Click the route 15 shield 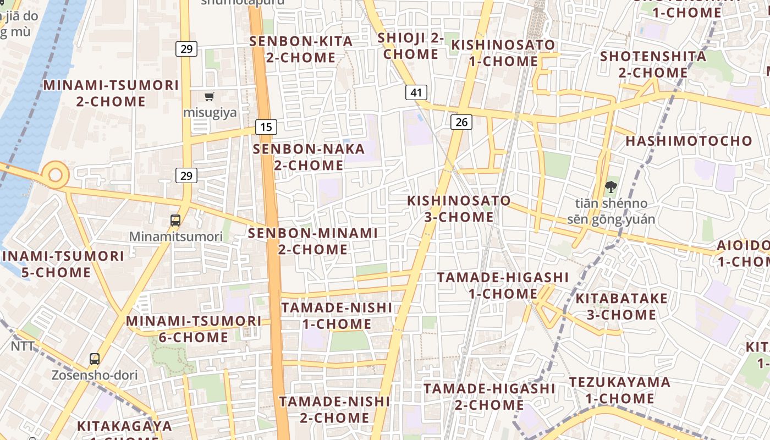click(266, 127)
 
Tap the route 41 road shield click(416, 92)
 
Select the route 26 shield click(461, 122)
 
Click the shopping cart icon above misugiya click(209, 97)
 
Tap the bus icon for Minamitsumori click(175, 221)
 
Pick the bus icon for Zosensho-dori click(95, 359)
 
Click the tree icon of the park click(610, 187)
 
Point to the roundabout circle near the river click(56, 175)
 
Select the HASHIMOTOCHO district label click(689, 141)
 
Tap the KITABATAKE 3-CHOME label click(621, 307)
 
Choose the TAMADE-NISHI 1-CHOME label click(337, 316)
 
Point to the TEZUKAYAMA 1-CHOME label click(619, 390)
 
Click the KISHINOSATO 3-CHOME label click(459, 208)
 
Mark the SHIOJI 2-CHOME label click(411, 46)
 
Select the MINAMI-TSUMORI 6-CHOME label click(194, 329)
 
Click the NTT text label click(23, 346)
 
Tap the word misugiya click(210, 113)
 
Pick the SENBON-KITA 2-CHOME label click(301, 49)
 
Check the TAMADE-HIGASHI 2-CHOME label click(489, 397)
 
